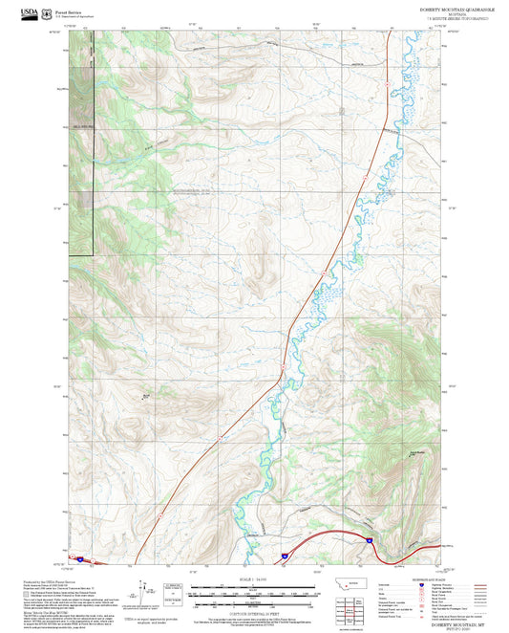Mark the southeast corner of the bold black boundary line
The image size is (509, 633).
93,255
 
